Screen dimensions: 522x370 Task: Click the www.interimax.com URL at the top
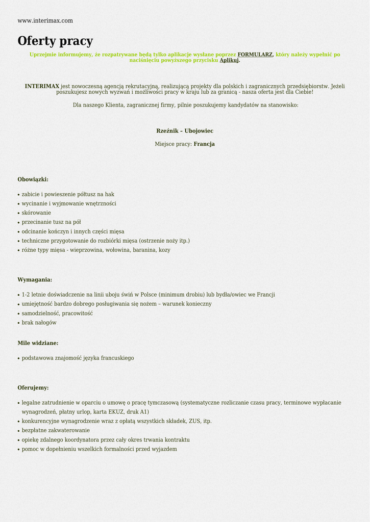pos(45,21)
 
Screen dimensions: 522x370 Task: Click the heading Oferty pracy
pos(55,41)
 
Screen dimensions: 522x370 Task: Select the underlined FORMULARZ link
pos(255,55)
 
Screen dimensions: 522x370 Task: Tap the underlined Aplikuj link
pos(229,60)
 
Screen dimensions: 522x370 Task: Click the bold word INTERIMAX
pos(42,86)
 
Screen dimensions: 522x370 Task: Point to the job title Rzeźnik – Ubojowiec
pos(185,131)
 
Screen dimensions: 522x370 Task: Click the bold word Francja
pos(204,144)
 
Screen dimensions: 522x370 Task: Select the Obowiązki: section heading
pos(33,179)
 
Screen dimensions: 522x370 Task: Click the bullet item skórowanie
pos(36,213)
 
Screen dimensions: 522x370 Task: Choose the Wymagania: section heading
pos(35,280)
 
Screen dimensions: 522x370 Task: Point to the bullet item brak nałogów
pos(39,323)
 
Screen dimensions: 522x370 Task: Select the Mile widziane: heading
pos(38,343)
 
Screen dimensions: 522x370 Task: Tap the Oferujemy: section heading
pos(33,388)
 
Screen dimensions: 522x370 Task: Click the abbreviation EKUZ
pos(116,412)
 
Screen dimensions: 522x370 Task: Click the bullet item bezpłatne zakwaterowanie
pos(56,431)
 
